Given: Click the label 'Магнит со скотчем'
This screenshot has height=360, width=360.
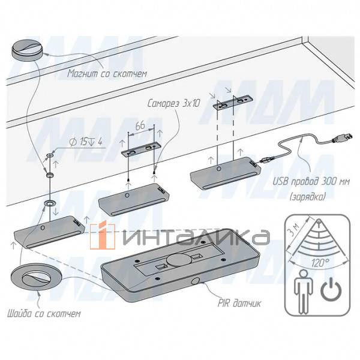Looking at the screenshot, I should [107, 74].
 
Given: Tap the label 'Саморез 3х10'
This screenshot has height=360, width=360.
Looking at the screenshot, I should [173, 103].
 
